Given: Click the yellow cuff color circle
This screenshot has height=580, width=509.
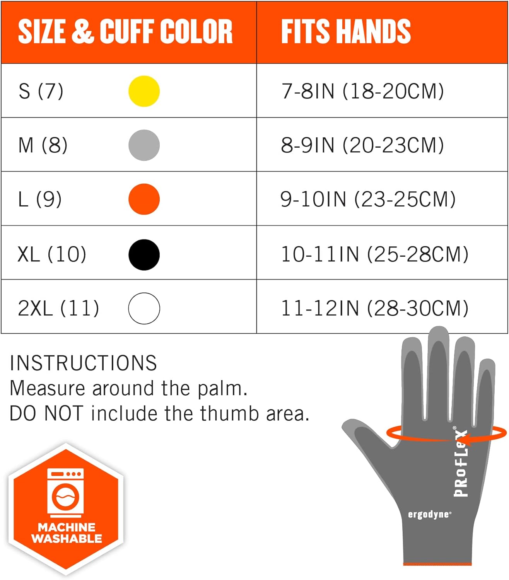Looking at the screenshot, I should [144, 91].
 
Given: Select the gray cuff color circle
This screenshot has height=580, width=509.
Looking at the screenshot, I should [144, 145].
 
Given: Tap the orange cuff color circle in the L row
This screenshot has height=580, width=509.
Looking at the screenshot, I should [144, 199].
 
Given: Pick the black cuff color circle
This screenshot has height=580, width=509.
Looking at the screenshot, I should [144, 254].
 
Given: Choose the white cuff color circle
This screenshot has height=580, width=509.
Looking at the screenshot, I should [144, 308].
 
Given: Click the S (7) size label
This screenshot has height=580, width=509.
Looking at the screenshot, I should [41, 91].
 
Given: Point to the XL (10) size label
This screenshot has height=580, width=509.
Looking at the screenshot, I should [52, 254].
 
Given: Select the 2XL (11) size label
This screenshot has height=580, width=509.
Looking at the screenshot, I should [58, 308].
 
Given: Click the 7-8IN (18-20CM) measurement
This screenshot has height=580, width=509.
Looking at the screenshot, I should [362, 91].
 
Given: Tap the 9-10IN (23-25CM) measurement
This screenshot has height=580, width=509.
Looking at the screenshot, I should [368, 199].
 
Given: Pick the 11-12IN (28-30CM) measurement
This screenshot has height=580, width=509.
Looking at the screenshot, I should [374, 308].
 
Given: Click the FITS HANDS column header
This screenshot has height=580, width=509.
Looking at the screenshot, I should [346, 32].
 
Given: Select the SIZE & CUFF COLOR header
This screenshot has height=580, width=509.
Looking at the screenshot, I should [125, 32].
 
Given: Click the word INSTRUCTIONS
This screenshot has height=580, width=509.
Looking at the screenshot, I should [83, 363].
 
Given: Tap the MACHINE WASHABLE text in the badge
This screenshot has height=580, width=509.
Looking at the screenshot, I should [67, 533].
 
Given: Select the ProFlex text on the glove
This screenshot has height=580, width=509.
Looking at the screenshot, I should [461, 462].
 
